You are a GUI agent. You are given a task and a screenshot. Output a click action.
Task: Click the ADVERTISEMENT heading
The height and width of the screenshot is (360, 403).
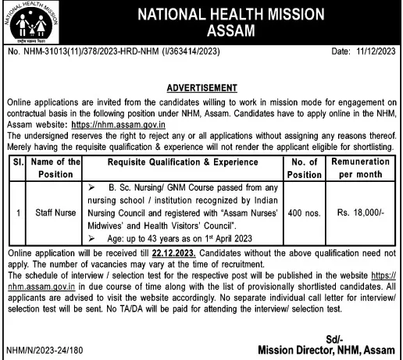[x=201, y=87]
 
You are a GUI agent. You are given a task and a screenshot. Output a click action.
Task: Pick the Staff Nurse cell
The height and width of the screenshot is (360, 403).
[x=54, y=211]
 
